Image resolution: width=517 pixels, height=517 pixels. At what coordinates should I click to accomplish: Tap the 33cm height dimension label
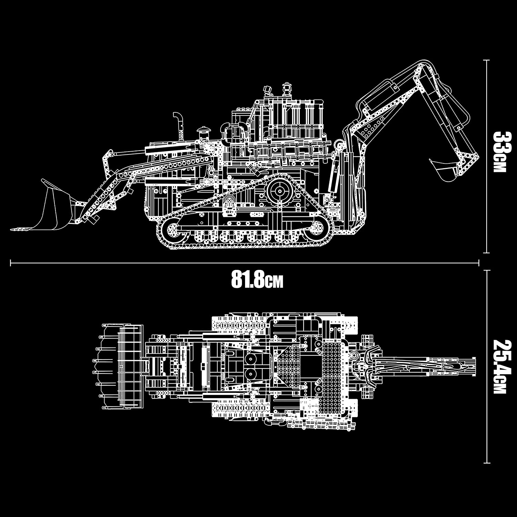(499, 152)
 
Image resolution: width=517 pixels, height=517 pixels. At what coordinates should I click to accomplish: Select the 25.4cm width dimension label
(499, 367)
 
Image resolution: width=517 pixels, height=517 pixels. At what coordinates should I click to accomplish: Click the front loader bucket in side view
(55, 210)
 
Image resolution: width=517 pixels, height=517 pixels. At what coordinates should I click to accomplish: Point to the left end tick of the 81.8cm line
(11, 263)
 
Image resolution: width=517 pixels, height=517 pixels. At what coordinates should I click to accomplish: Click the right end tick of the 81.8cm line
(479, 263)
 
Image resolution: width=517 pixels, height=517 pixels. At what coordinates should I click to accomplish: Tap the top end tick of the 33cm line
(486, 60)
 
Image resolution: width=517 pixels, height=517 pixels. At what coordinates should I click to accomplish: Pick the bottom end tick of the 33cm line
(486, 253)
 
